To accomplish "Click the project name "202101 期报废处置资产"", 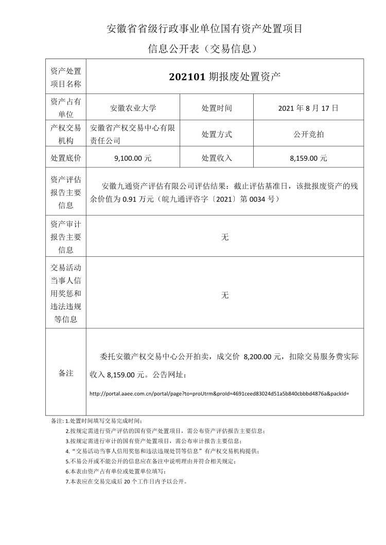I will coord(224,77).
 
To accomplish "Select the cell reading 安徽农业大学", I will coord(133,108).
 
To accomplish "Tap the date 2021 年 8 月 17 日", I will coord(308,108).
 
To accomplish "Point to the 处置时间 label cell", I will coord(217,108).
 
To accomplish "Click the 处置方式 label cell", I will coord(217,134).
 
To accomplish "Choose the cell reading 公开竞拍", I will coord(308,134).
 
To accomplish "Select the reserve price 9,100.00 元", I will coord(133,159).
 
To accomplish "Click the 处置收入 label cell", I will coord(217,159).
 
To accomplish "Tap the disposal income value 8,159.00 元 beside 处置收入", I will coord(308,159).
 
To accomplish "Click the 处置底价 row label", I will coord(66,159).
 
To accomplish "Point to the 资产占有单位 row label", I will coord(66,108).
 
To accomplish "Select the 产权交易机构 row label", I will coord(66,134).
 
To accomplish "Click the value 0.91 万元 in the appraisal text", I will coord(139,198).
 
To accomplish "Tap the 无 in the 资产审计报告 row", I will coord(224,237).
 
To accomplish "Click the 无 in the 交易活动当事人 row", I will coord(224,295).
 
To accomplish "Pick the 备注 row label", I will coord(66,373).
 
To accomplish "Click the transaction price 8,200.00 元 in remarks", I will coord(263,356).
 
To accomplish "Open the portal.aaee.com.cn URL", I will coord(219,394).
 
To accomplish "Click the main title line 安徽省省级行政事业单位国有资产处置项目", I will coord(204,29).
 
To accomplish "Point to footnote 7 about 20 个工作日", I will coord(126,482).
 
